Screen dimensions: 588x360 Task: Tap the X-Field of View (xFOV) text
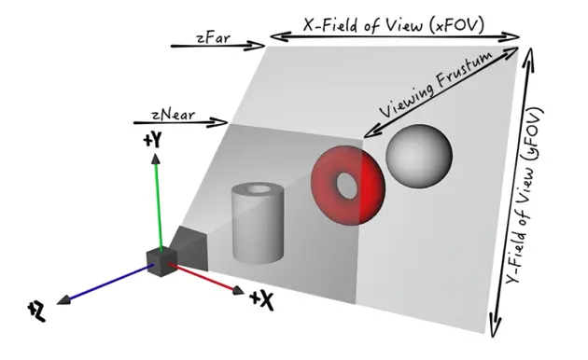[395, 25]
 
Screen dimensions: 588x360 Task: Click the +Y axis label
[153, 142]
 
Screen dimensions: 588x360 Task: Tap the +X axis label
[262, 300]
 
